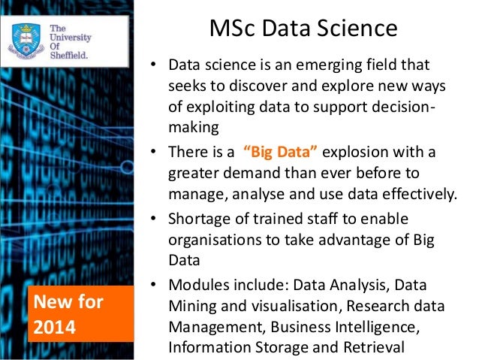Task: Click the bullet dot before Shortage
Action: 152,219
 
